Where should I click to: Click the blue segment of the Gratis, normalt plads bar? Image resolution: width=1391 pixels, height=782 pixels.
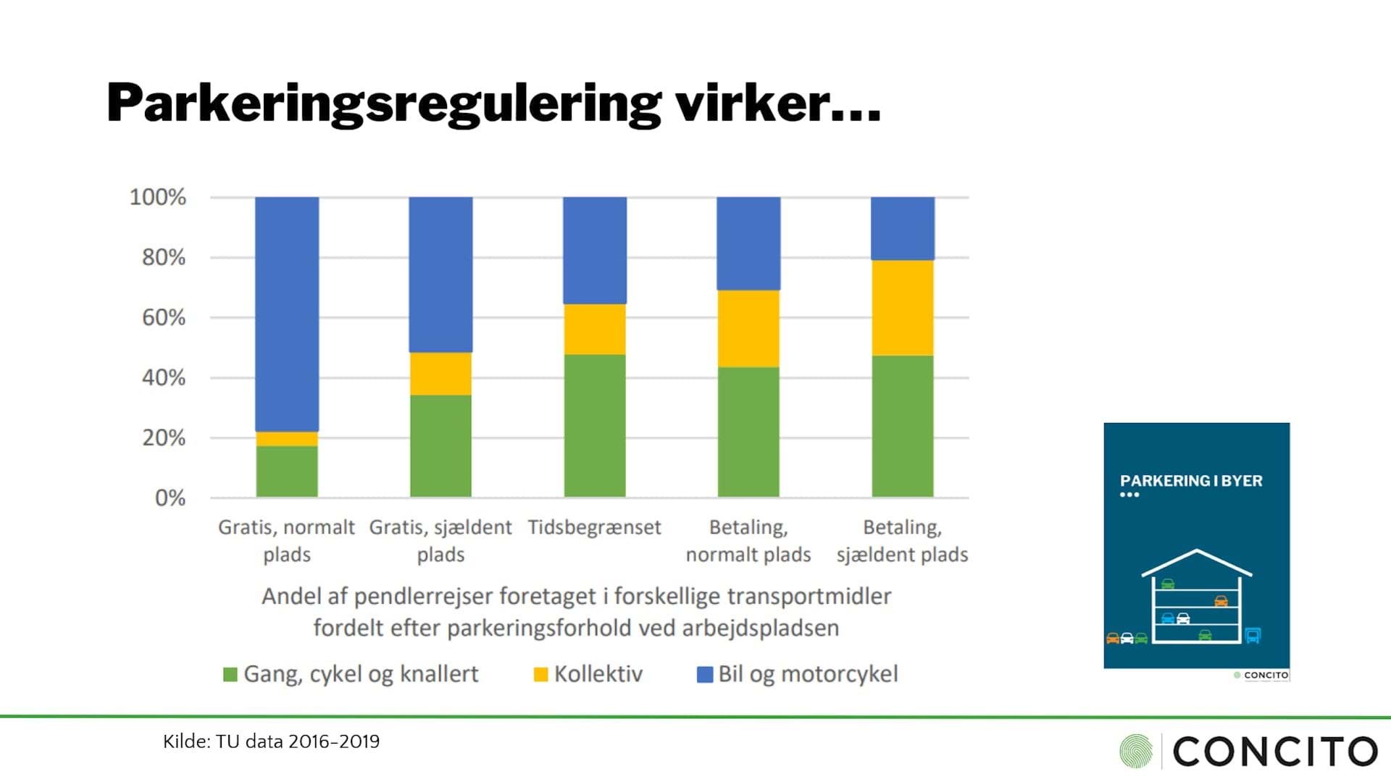[287, 314]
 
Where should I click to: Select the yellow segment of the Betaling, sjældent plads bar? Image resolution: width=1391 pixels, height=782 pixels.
[903, 308]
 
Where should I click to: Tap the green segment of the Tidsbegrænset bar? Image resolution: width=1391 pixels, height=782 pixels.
[595, 426]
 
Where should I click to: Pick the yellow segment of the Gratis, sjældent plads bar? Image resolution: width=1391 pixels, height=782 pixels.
[440, 374]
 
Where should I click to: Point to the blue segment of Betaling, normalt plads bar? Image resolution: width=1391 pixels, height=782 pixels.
[748, 243]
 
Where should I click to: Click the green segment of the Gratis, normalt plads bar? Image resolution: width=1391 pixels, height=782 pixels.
[287, 471]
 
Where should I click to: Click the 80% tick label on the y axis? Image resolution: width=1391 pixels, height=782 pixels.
[164, 258]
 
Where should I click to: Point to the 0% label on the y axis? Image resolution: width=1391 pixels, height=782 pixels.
[170, 498]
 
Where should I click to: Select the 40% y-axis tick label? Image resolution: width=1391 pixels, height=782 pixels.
[164, 378]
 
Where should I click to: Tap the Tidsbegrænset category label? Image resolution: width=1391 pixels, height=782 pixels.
[594, 527]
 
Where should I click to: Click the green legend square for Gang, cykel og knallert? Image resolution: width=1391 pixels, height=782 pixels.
[230, 675]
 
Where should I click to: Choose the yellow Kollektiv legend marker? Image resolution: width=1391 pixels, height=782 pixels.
[540, 675]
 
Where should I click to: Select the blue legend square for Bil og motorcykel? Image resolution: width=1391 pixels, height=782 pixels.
[704, 675]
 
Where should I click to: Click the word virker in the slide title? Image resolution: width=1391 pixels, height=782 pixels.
[777, 103]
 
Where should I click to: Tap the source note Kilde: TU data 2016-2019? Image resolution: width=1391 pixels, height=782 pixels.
[271, 741]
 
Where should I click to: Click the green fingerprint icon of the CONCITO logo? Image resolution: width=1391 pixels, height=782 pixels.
[1136, 751]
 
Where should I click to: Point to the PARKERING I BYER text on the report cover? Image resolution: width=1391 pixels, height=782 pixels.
[1191, 481]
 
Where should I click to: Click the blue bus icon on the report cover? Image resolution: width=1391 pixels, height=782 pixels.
[1253, 636]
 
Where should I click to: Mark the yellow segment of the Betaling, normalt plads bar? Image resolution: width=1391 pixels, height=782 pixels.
[748, 329]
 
